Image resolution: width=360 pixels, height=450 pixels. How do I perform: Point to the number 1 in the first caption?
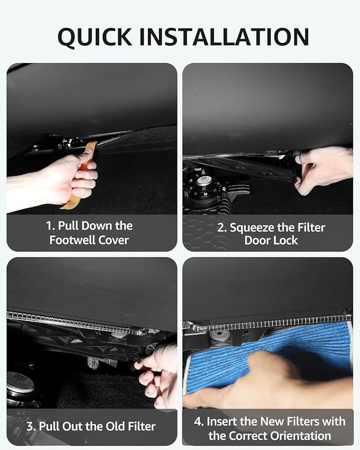49,226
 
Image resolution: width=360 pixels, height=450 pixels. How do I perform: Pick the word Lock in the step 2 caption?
285,240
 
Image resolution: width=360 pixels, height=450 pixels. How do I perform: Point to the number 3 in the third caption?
30,427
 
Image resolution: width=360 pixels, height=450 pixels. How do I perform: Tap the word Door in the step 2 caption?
257,240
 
